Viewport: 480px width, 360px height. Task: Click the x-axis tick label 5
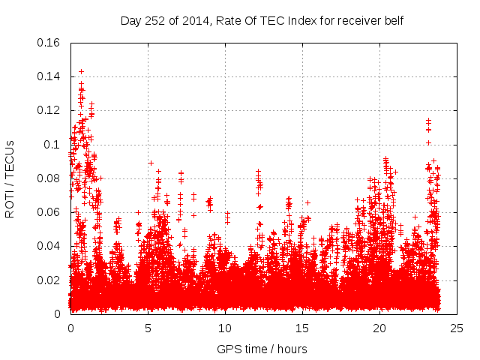148,328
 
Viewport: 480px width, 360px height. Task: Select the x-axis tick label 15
302,328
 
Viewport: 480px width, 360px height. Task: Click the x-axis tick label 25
457,328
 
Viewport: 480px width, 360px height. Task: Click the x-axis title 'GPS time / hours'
262,349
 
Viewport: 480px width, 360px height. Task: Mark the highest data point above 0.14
81,71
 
